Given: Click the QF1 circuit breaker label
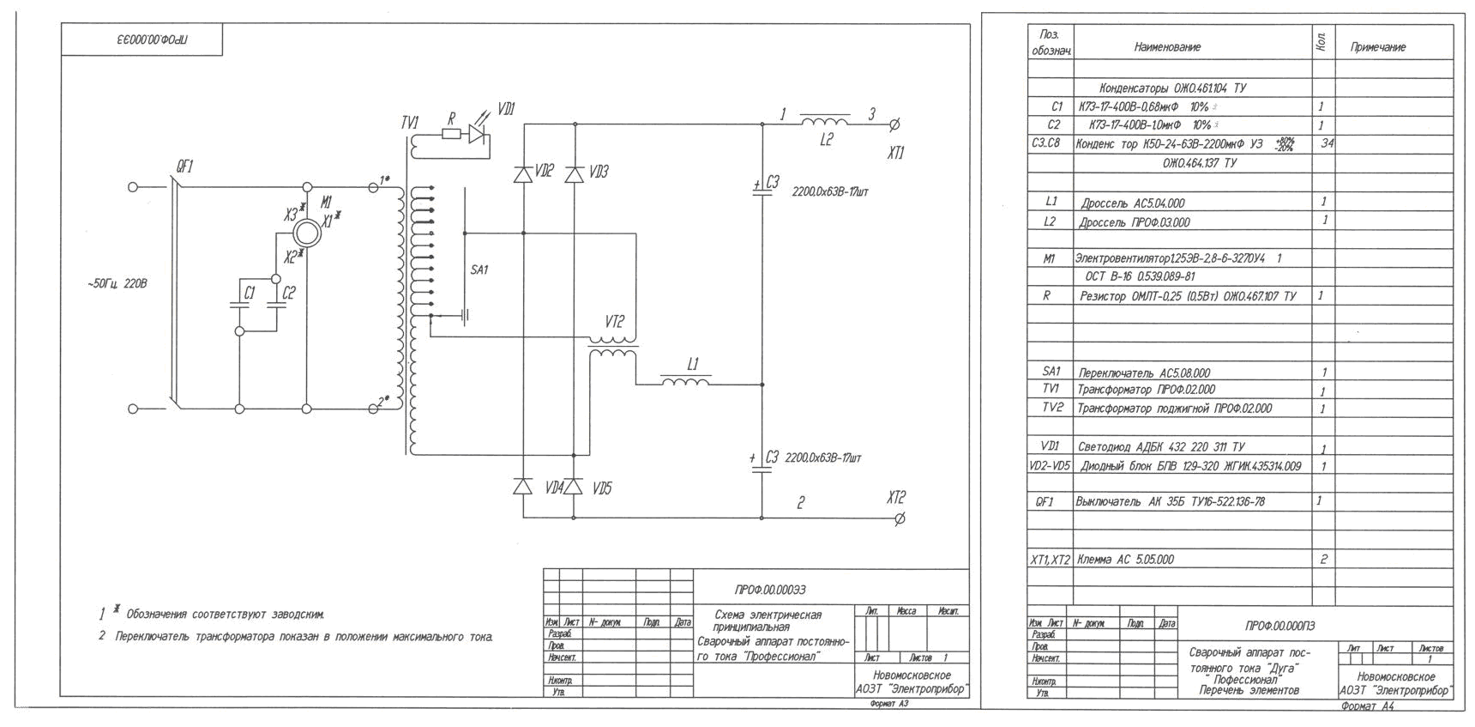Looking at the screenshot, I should pos(184,167).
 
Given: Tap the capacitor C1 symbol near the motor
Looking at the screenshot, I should pos(239,305).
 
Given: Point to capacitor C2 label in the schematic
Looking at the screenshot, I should pos(289,293).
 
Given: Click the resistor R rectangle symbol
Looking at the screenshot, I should pos(451,133).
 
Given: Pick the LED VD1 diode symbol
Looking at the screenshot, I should pos(478,133).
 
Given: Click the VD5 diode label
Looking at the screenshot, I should pos(602,488).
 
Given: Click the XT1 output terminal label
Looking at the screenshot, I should pos(895,154).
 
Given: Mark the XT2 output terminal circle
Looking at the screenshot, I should pos(899,518).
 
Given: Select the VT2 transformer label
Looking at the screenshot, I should pos(614,322).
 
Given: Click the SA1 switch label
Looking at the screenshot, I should pos(479,270).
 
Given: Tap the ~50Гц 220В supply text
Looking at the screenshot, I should pos(117,283).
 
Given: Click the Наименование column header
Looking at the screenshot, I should pos(1167,47).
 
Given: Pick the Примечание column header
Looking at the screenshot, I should pos(1377,47).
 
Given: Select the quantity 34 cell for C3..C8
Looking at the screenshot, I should pos(1327,143).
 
